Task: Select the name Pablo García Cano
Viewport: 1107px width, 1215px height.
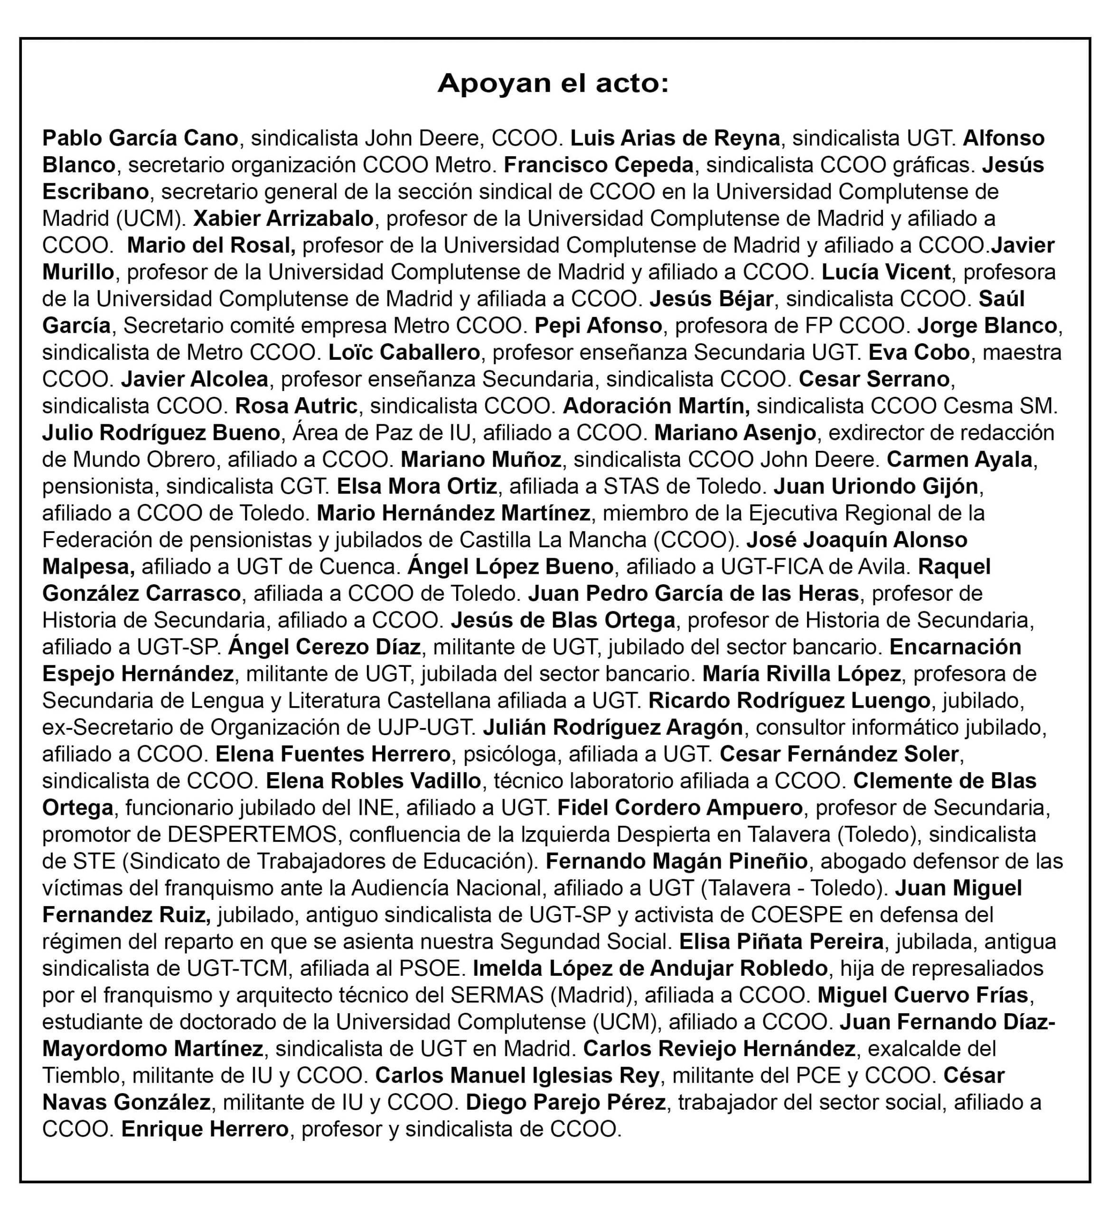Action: (x=140, y=138)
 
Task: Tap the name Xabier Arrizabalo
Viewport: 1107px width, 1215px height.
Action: (x=283, y=218)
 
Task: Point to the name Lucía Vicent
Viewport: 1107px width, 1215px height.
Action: (x=886, y=272)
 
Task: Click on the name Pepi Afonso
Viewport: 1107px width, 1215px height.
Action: (x=598, y=326)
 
